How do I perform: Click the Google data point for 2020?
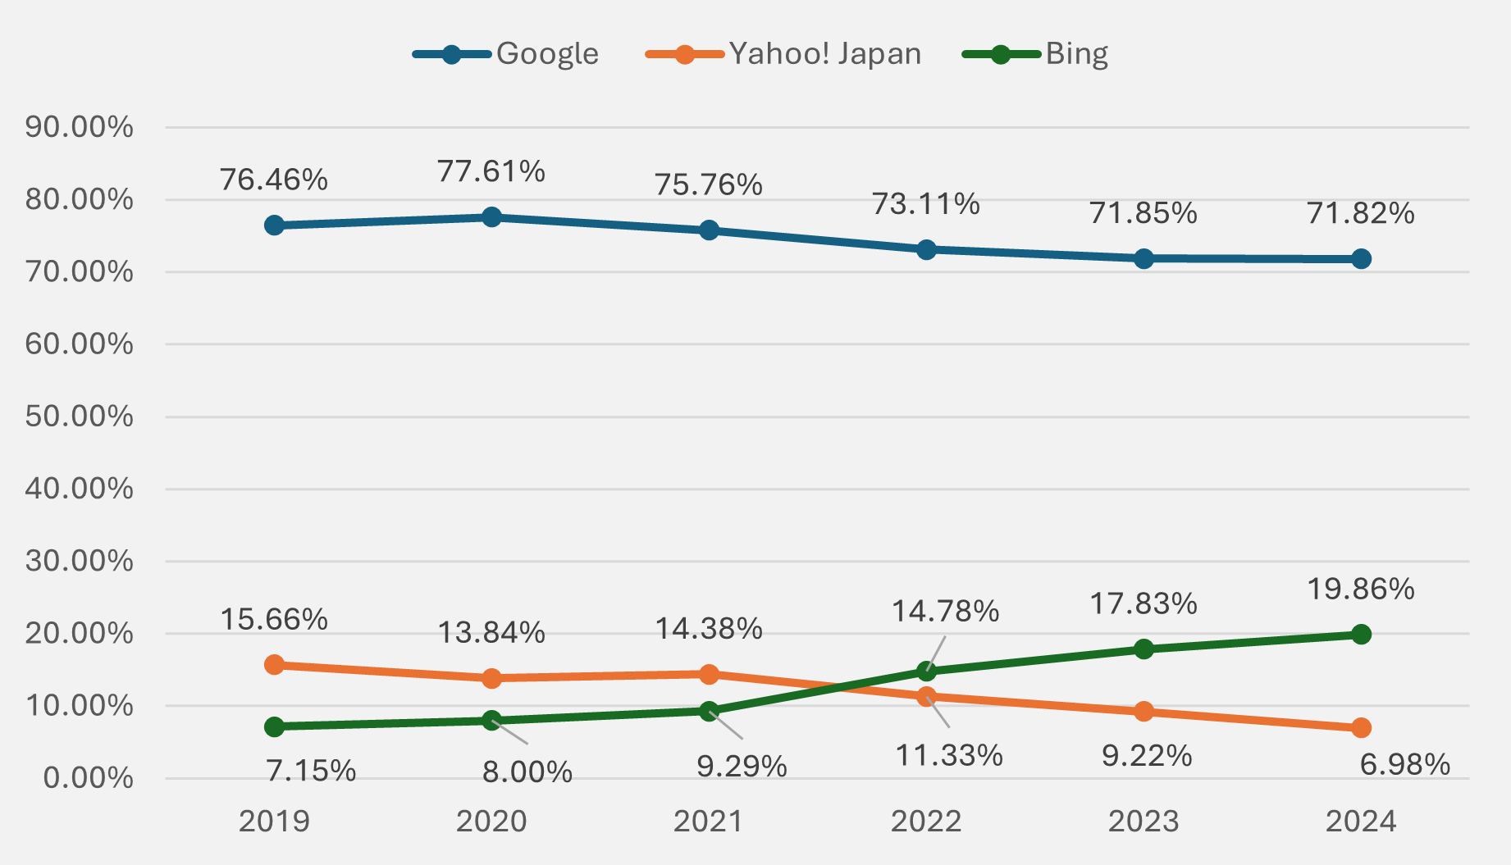[x=491, y=217]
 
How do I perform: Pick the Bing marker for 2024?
[x=1361, y=635]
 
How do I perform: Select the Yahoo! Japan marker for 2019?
[x=274, y=665]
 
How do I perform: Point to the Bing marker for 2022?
[x=926, y=672]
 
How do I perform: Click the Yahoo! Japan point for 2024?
[x=1361, y=728]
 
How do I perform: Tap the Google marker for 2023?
[x=1144, y=259]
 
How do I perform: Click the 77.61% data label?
[x=491, y=171]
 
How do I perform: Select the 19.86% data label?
[x=1360, y=589]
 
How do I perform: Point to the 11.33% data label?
[x=948, y=755]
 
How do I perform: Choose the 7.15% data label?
[x=311, y=771]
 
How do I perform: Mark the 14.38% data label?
[x=708, y=629]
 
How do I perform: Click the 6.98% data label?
[x=1404, y=764]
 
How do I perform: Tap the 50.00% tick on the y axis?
[x=79, y=417]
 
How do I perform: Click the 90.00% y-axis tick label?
[x=79, y=127]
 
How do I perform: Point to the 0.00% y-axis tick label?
[x=88, y=778]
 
